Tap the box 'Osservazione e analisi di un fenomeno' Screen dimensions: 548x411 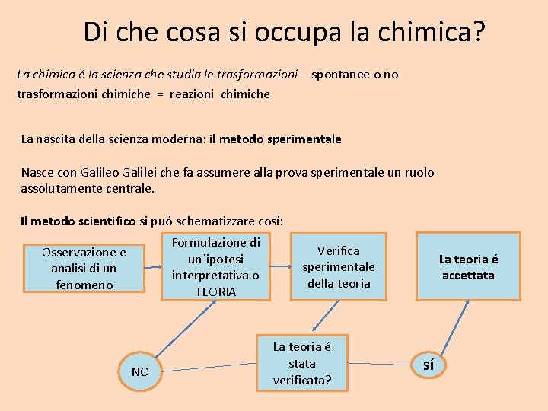tap(84, 268)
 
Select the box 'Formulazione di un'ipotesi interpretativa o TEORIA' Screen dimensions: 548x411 tap(215, 267)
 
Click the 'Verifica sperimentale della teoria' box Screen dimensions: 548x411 tap(339, 266)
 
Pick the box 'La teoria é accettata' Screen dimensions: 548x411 tap(468, 267)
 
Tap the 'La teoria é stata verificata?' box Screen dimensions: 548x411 tap(302, 363)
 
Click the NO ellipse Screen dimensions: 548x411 tap(140, 371)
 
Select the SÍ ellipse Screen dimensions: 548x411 tap(429, 365)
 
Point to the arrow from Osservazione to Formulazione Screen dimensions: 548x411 tap(152, 268)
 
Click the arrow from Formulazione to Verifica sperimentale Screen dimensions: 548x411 tap(282, 266)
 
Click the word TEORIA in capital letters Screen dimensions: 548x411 tap(215, 292)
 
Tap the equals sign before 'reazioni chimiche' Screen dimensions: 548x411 tap(159, 94)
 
